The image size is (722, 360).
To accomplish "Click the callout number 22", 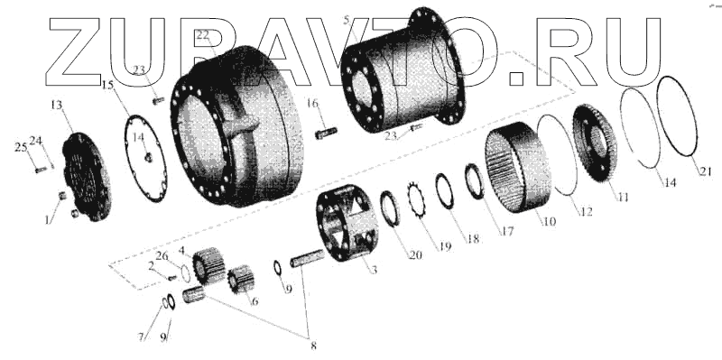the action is pyautogui.click(x=202, y=35).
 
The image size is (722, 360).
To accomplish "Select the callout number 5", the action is pyautogui.click(x=347, y=20).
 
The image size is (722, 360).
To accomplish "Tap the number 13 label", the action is pyautogui.click(x=56, y=106).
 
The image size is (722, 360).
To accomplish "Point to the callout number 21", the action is pyautogui.click(x=706, y=171).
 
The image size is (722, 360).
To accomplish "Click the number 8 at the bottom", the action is pyautogui.click(x=313, y=346).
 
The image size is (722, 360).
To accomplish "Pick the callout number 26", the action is pyautogui.click(x=162, y=256).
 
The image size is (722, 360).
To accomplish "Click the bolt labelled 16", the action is pyautogui.click(x=326, y=133).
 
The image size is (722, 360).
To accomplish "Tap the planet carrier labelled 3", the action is pyautogui.click(x=347, y=222).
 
